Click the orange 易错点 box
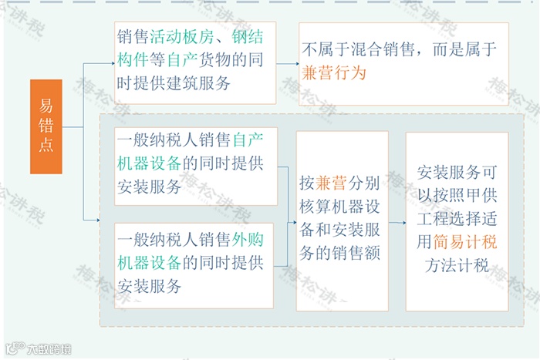46,126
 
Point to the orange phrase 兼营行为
332,73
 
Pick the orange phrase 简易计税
465,242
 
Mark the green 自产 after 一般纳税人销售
248,140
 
